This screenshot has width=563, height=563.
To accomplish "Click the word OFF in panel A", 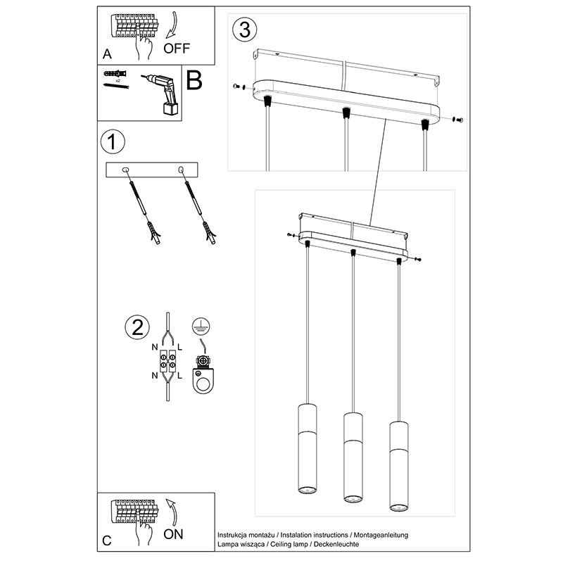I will point(177,48).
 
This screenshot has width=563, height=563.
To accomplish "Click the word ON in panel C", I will point(173,533).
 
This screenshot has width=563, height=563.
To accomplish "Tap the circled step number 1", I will point(112,141).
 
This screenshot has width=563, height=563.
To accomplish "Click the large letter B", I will point(194,81).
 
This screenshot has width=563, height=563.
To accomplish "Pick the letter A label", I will point(107,53).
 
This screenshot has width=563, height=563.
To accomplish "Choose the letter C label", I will point(107,540).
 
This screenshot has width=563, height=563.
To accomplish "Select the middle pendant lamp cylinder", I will point(353,457).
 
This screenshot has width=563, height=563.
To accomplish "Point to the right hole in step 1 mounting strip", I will point(181,170).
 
